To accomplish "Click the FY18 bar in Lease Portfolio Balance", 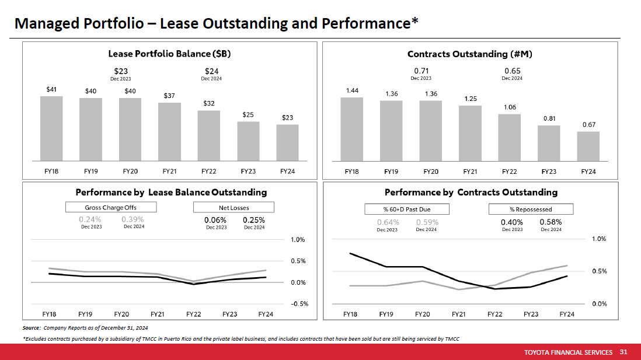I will click(x=51, y=128).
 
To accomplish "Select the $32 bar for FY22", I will click(x=208, y=135).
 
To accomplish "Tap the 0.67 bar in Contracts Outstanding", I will click(x=588, y=146).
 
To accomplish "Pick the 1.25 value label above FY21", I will click(x=471, y=99).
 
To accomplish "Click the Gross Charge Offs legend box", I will click(x=111, y=207).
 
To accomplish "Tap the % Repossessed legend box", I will click(x=531, y=209).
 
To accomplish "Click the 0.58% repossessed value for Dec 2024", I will click(x=551, y=222).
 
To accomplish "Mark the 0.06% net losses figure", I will click(x=215, y=220).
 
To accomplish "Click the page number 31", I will click(x=623, y=352).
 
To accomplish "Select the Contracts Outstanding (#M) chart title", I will click(x=470, y=54).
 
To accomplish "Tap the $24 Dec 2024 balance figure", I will click(x=211, y=71).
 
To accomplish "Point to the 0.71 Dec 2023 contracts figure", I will click(x=421, y=71).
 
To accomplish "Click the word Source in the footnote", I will click(x=31, y=327).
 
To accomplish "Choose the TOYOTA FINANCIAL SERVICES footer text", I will click(x=568, y=352).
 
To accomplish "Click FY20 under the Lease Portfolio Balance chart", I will click(x=130, y=171).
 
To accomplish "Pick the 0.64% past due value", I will click(x=388, y=222).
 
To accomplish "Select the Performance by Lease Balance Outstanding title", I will click(x=171, y=192).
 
